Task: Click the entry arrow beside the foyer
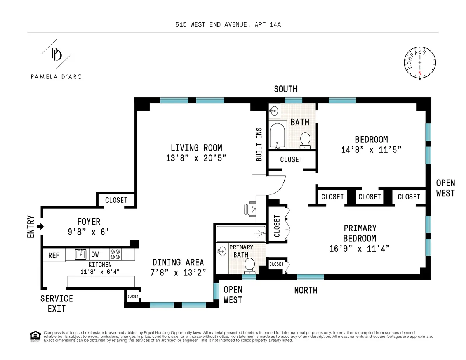pos(40,227)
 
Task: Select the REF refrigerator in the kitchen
pos(54,255)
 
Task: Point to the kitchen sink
pos(80,254)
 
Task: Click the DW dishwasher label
pos(95,255)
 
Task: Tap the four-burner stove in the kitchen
pos(115,254)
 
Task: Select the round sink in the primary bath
pos(222,251)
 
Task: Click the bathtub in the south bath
pos(277,135)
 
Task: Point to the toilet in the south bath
pos(305,139)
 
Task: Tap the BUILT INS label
pos(259,144)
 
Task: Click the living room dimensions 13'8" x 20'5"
pos(196,158)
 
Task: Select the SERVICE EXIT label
pos(56,303)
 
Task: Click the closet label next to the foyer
pos(116,200)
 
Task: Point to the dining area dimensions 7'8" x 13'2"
pos(178,272)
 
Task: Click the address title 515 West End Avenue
pos(228,25)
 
